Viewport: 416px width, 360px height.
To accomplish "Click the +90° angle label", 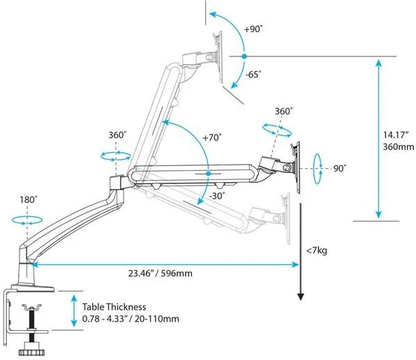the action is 253,29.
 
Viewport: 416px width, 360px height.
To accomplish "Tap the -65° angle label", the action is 253,74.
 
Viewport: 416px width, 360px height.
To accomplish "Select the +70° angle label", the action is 212,137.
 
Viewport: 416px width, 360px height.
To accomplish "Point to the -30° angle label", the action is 217,196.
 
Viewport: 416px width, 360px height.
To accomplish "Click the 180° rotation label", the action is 29,200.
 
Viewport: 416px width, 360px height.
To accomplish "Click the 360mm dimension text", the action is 399,147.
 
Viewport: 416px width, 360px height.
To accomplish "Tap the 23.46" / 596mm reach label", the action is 161,273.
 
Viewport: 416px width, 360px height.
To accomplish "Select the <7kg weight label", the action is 317,250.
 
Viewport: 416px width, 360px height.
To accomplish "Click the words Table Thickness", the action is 114,307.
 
